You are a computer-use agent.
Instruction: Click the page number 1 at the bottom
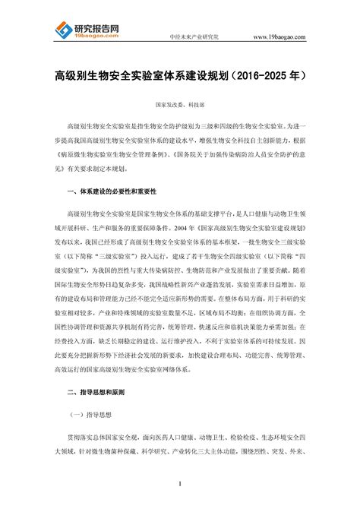180,484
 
